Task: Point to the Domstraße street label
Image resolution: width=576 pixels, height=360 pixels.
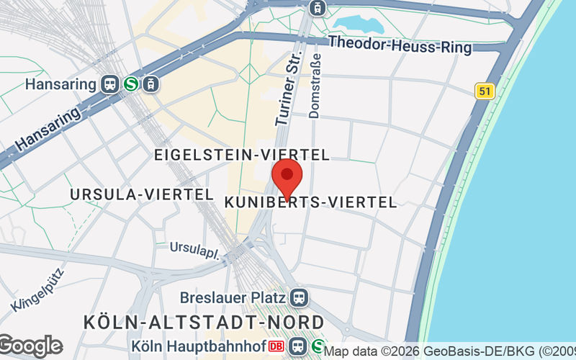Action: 314,88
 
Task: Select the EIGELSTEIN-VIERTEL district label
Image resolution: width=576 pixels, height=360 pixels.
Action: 242,155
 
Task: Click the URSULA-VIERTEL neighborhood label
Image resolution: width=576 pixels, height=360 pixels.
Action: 141,194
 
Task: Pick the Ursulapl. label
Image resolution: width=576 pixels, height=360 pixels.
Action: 197,248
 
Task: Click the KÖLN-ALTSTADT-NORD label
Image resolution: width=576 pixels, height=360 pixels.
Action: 204,321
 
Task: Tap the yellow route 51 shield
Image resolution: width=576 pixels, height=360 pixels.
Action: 484,91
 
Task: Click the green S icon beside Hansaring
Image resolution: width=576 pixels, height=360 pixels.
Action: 131,84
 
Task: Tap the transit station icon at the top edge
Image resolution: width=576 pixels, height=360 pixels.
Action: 315,8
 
